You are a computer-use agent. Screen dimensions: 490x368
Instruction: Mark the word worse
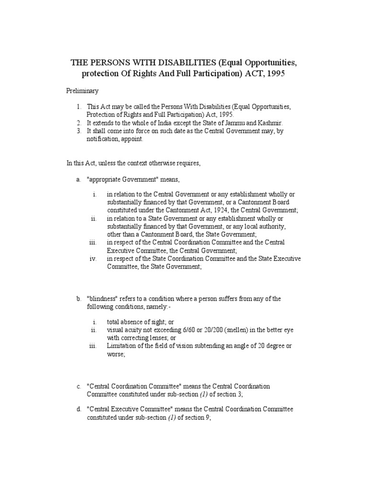(x=115, y=354)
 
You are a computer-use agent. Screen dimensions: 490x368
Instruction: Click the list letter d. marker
(x=79, y=410)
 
